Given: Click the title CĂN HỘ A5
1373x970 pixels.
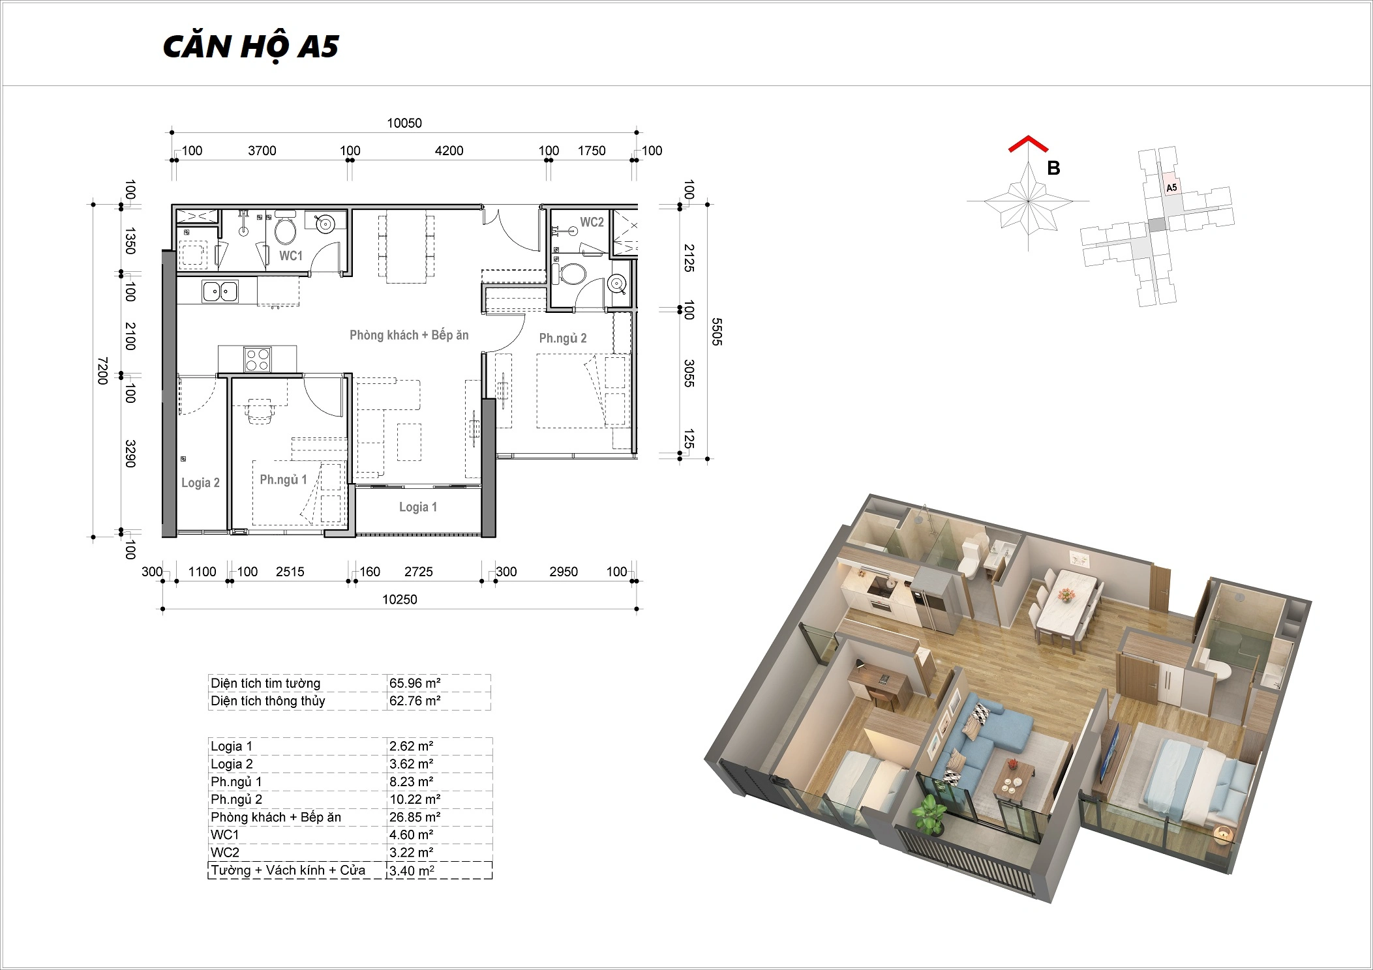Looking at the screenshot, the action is (251, 47).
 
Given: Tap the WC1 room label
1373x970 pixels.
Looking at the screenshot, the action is (291, 256).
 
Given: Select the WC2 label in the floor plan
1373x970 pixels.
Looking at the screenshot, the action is (592, 222).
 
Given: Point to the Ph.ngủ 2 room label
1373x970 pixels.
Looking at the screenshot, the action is (562, 338).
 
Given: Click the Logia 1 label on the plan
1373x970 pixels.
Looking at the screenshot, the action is (418, 507).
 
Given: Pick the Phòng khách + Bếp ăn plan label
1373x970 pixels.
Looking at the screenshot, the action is (409, 335).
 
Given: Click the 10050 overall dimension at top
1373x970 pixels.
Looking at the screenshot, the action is (404, 123).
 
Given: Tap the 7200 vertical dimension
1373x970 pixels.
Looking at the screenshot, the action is (102, 370).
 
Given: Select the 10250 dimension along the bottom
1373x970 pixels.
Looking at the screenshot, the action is (400, 600).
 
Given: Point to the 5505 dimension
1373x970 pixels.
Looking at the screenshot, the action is (717, 332).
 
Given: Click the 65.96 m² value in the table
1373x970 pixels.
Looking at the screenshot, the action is (415, 683).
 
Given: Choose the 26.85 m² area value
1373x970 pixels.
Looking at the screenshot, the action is (415, 817).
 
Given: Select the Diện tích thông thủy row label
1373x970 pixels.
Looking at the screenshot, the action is (267, 701).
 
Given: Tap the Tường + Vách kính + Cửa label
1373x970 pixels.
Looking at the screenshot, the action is (288, 870).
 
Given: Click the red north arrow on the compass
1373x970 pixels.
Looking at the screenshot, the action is (1029, 144).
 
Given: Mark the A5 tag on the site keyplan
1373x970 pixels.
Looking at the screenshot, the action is (1171, 188).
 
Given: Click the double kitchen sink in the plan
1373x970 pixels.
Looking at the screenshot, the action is (220, 291).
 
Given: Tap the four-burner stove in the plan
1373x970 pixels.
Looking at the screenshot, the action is (257, 359).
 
